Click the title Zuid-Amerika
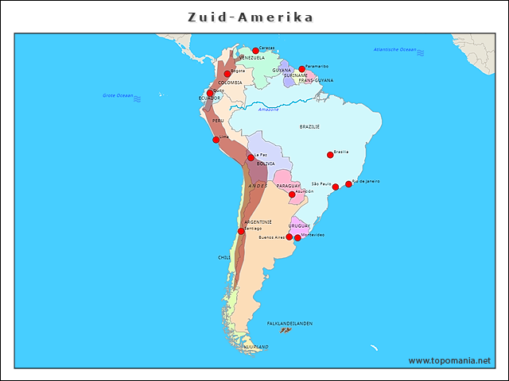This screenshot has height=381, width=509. (x=251, y=17)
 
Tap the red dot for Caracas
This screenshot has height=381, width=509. (x=256, y=51)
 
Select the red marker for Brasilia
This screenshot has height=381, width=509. (x=330, y=155)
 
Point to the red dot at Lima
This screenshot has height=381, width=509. (x=216, y=140)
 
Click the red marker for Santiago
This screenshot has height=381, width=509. (x=241, y=232)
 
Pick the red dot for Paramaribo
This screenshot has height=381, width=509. (x=301, y=69)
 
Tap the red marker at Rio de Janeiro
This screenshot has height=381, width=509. (x=348, y=184)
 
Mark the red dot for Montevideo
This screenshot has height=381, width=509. (x=297, y=238)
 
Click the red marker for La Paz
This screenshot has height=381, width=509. (x=251, y=158)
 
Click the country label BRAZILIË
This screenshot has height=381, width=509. (x=309, y=126)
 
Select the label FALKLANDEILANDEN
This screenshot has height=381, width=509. (x=289, y=324)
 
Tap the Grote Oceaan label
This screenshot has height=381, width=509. (x=118, y=95)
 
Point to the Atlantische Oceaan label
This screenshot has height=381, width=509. (x=394, y=49)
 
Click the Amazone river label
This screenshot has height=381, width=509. (x=269, y=109)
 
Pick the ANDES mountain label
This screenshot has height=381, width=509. (x=258, y=185)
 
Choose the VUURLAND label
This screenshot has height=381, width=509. (x=256, y=347)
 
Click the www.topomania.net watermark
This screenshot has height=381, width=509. (x=449, y=360)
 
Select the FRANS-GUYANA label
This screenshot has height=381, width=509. (x=316, y=80)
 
